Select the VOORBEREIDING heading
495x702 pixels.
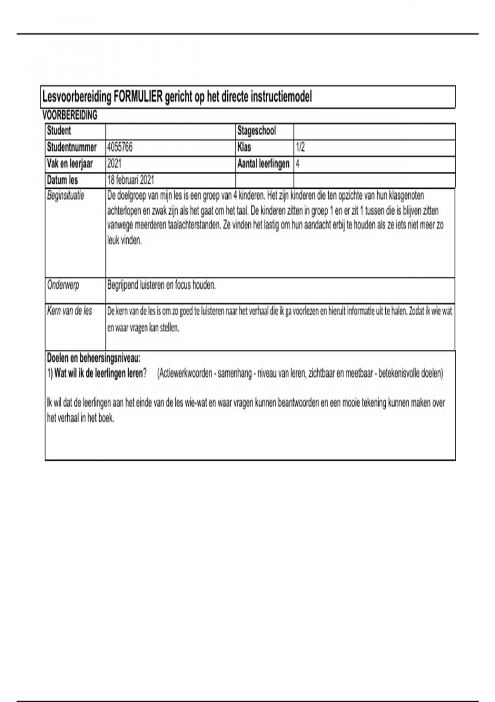click(x=70, y=115)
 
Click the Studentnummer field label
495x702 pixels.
click(x=72, y=147)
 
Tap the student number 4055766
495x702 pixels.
click(x=120, y=147)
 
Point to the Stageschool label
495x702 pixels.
click(x=257, y=131)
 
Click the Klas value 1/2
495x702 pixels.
click(x=300, y=147)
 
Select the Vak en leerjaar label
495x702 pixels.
click(x=70, y=164)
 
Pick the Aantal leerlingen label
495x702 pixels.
click(x=263, y=164)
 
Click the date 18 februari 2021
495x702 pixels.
click(x=130, y=180)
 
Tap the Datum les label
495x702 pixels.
click(x=62, y=180)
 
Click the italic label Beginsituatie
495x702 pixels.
click(x=66, y=195)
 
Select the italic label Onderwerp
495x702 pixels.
click(x=63, y=285)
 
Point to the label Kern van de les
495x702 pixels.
click(x=70, y=311)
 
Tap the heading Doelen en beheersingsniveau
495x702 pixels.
click(x=94, y=358)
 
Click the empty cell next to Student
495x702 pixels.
click(x=170, y=131)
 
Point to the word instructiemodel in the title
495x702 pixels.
click(x=281, y=97)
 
